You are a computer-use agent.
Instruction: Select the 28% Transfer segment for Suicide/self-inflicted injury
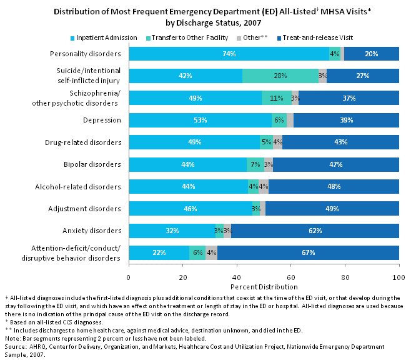point(280,76)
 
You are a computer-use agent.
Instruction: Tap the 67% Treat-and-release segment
point(308,252)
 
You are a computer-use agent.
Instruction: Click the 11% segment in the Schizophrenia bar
point(277,98)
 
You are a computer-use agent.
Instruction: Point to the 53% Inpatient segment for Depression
point(200,120)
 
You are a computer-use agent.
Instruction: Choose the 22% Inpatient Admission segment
point(159,252)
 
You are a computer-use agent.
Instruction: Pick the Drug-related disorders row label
point(87,142)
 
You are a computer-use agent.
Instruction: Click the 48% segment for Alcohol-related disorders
point(334,186)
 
